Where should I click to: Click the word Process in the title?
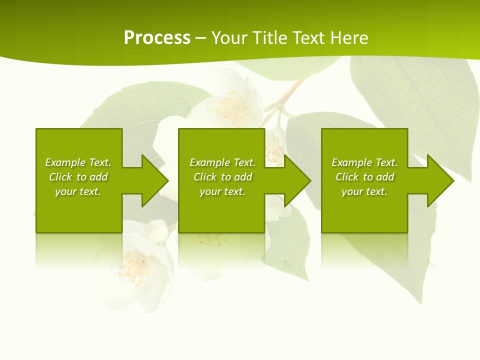click(x=157, y=38)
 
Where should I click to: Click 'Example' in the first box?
click(x=65, y=162)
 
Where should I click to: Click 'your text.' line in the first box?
click(x=78, y=191)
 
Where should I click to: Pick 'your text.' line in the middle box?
click(x=222, y=191)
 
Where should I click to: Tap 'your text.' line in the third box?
click(x=364, y=191)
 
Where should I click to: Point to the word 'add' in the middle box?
click(x=242, y=177)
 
